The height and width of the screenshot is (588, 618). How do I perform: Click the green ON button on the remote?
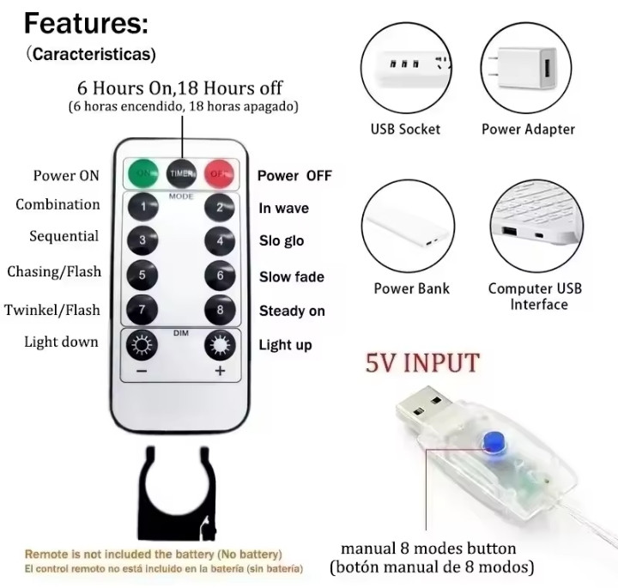point(142,173)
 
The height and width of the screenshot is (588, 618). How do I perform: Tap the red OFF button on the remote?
point(219,173)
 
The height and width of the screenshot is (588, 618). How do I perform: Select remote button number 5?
point(142,275)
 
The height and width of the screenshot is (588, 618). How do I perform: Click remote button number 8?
point(220,310)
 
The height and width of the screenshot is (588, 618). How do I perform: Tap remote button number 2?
point(220,207)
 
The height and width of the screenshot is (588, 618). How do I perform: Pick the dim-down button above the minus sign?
point(142,345)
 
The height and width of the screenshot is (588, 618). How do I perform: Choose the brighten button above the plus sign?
point(220,345)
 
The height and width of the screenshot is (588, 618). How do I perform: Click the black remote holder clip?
point(177,495)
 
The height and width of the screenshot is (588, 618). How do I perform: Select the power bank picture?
point(407,226)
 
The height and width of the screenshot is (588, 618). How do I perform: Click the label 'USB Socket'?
point(405,130)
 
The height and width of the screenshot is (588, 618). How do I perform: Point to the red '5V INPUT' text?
point(422,363)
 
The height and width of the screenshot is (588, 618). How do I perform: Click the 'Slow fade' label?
point(292,276)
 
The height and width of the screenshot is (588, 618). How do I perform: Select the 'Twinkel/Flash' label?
point(52,310)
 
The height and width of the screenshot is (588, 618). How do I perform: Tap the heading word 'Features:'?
point(87,23)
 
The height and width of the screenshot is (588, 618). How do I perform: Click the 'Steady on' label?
point(292,311)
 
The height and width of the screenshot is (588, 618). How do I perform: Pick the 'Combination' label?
point(58,204)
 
